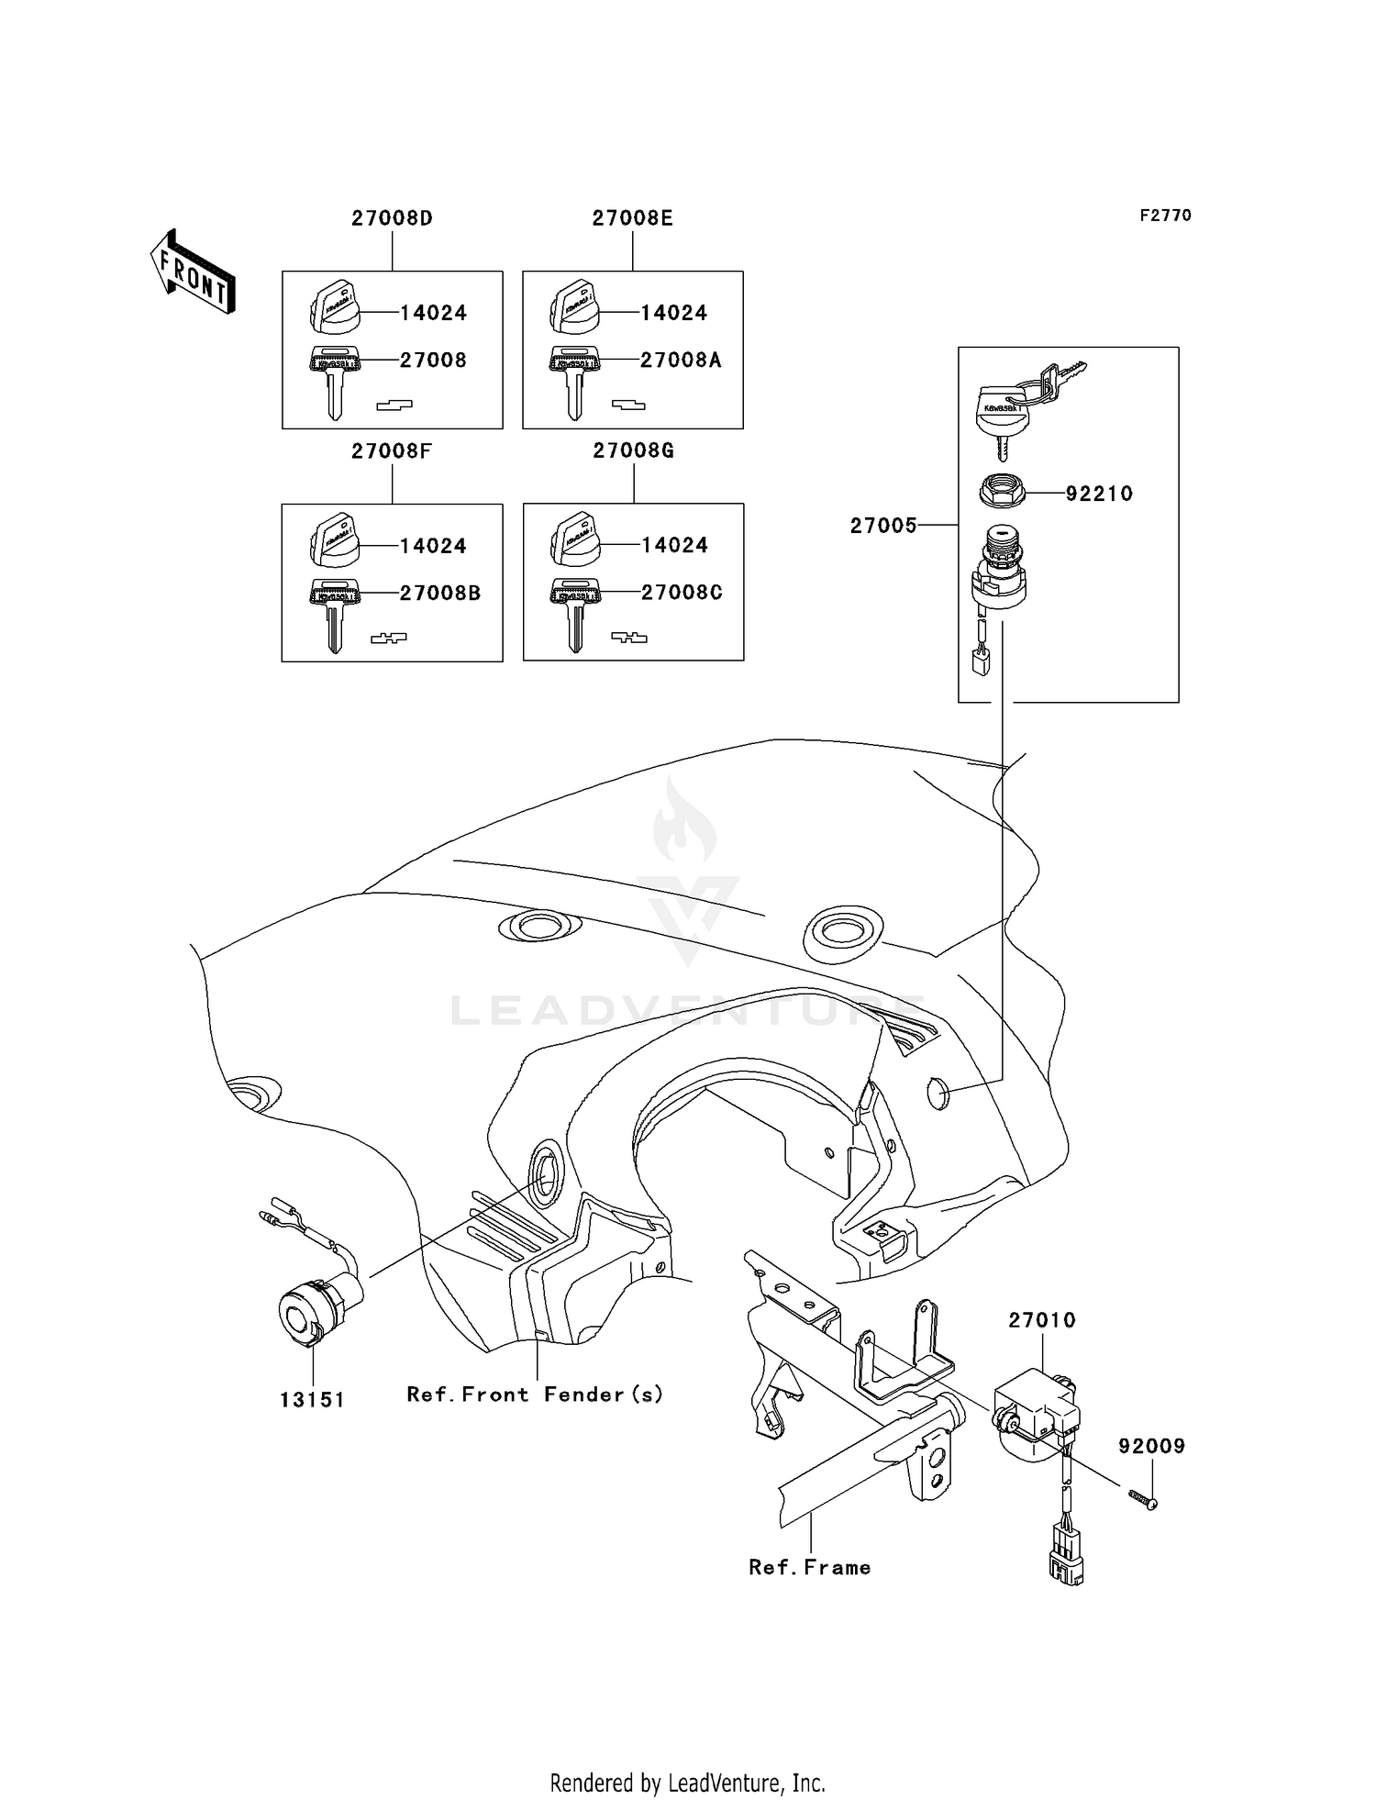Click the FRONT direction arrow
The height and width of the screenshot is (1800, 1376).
click(x=194, y=272)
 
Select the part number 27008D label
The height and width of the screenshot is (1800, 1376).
click(x=392, y=218)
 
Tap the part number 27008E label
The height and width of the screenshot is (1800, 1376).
click(x=632, y=218)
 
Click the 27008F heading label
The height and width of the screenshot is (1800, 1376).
click(x=392, y=451)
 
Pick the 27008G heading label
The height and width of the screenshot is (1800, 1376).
click(x=633, y=451)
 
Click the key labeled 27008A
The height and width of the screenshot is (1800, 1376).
click(x=574, y=378)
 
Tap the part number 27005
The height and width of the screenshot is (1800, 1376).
click(x=882, y=526)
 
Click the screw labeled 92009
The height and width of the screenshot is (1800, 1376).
click(x=1144, y=1499)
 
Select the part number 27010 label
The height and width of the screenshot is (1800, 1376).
click(x=1042, y=1320)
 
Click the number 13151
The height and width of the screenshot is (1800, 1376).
click(x=312, y=1400)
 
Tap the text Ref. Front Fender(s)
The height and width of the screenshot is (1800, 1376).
click(x=535, y=1394)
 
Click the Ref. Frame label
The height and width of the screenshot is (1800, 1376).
click(x=809, y=1568)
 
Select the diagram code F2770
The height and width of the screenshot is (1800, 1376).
click(x=1165, y=216)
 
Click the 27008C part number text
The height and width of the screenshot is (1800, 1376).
click(x=682, y=593)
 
